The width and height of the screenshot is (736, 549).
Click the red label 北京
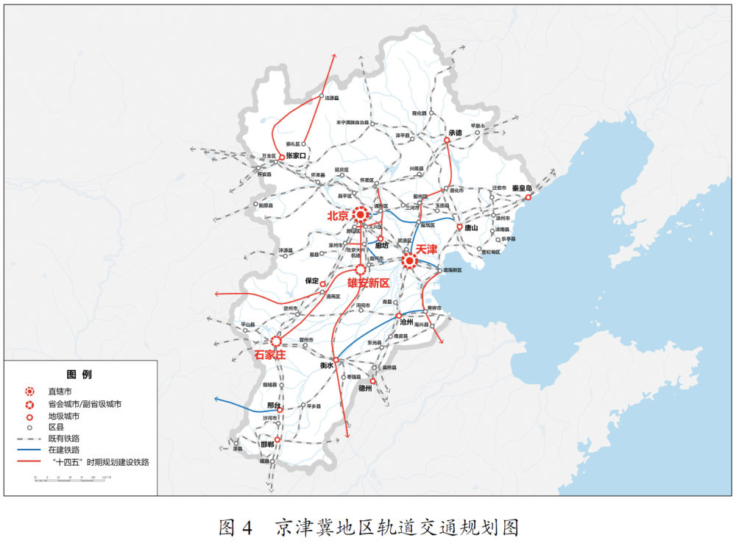tap(339, 216)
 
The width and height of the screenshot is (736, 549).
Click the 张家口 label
tap(300, 156)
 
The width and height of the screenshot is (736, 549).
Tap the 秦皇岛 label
tap(527, 188)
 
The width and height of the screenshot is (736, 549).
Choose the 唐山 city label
tap(471, 228)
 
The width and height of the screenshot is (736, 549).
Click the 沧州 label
tap(407, 322)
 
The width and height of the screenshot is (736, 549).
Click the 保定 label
tap(311, 280)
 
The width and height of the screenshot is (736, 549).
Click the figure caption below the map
tap(368, 528)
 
